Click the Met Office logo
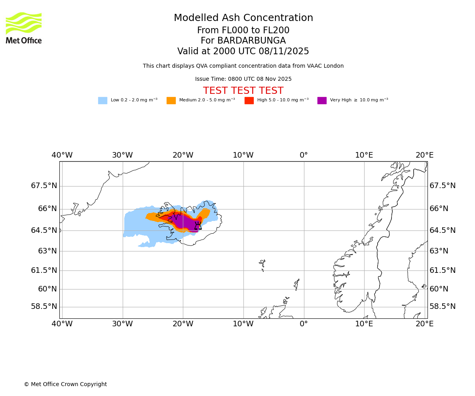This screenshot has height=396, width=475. coord(24,28)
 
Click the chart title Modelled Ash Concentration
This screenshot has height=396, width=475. coord(243,18)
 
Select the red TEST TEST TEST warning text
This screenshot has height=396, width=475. coord(243,91)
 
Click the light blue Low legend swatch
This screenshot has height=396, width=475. coord(103,101)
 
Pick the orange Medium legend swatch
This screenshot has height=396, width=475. coord(171,101)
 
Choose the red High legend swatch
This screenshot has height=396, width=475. coord(249,101)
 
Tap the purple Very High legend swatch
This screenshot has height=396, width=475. coord(322,101)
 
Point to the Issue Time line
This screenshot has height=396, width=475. coord(243,79)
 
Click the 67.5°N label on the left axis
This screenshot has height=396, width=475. coord(44,186)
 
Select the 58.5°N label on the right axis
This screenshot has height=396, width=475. coord(443,307)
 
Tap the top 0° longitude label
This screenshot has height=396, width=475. coord(304,155)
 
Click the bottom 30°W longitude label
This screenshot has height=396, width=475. coord(122,324)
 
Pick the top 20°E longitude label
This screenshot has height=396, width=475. coord(424,155)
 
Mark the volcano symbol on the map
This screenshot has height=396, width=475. coord(198,226)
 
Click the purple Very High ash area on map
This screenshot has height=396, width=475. coord(184,222)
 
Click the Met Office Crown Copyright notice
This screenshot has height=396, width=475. coord(65,385)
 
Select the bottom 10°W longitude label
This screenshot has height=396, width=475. coord(243,324)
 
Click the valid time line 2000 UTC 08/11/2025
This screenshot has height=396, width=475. coord(243,51)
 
